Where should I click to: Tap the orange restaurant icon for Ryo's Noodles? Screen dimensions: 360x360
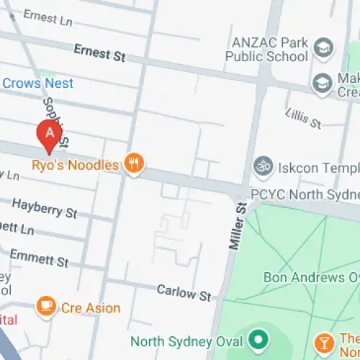[x=133, y=164]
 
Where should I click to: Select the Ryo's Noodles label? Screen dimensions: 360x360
[x=75, y=165]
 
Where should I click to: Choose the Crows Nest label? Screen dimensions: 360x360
[x=37, y=84]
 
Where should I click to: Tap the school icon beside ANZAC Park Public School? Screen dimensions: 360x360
[x=323, y=49]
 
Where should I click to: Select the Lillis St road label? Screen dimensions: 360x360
[x=303, y=119]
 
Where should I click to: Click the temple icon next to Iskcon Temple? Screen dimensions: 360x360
[x=262, y=166]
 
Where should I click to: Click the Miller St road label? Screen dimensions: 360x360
[x=238, y=226]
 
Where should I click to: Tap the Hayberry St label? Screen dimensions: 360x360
[x=44, y=208]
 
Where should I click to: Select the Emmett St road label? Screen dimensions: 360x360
[x=39, y=256]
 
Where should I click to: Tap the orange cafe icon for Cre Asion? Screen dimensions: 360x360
[x=47, y=307]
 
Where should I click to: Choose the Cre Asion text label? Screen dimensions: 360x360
[x=91, y=308]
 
